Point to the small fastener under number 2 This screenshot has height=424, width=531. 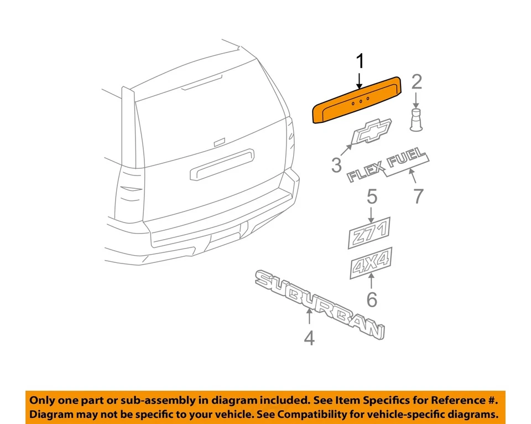(417, 120)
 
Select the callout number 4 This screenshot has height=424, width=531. (309, 338)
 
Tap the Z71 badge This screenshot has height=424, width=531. (369, 232)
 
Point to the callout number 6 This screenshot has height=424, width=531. (372, 300)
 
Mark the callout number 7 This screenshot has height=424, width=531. (418, 195)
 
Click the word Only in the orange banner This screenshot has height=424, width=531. (42, 400)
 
